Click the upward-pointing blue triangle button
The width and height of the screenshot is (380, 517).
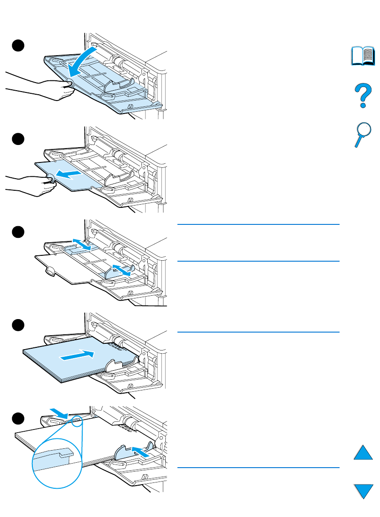coord(363,451)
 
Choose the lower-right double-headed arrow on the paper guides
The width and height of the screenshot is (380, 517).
coord(122,269)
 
